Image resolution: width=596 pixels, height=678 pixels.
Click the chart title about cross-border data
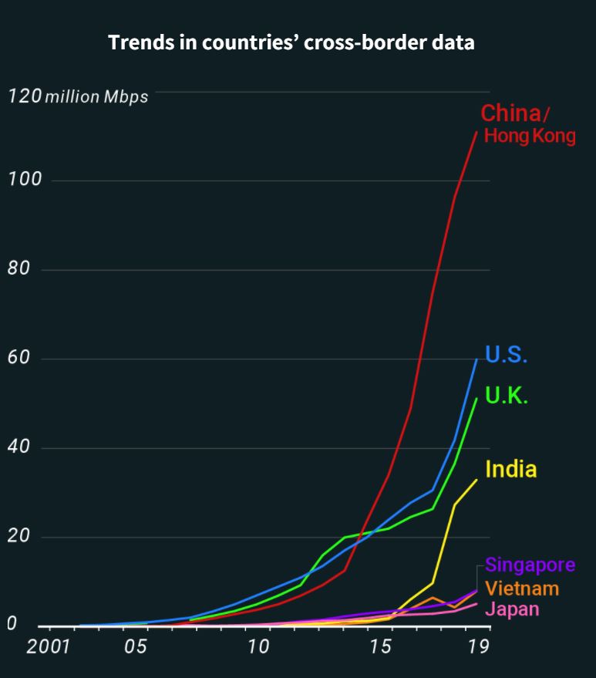291,43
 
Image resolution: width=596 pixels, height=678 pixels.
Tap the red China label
510,113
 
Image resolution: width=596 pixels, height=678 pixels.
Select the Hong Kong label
529,137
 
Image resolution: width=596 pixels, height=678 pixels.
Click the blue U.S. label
506,356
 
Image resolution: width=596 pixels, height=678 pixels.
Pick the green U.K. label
507,396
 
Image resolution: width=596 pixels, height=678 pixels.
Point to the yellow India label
510,469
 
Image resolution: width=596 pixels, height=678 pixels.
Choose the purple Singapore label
530,565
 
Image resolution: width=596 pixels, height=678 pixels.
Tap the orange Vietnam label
522,589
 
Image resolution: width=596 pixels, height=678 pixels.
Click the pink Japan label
512,609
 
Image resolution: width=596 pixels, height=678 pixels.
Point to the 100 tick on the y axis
22,180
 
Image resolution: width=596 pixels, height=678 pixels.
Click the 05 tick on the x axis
136,646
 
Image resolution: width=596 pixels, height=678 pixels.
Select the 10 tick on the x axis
258,646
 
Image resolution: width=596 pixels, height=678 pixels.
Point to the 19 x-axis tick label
479,646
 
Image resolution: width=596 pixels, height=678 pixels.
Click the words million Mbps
96,98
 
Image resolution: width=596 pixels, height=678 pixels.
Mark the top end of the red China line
477,132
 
